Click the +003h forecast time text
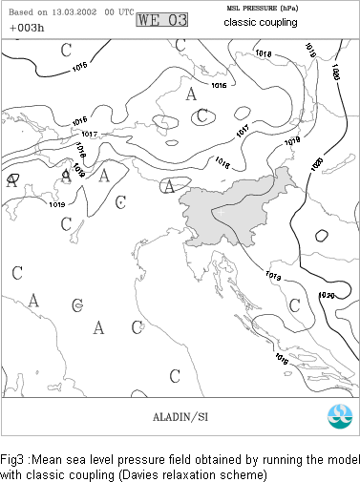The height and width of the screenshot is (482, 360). [x=26, y=26]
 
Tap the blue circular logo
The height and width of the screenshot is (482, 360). [x=338, y=416]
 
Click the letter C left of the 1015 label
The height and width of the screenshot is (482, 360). [x=65, y=50]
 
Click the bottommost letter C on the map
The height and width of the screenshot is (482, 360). [x=175, y=375]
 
